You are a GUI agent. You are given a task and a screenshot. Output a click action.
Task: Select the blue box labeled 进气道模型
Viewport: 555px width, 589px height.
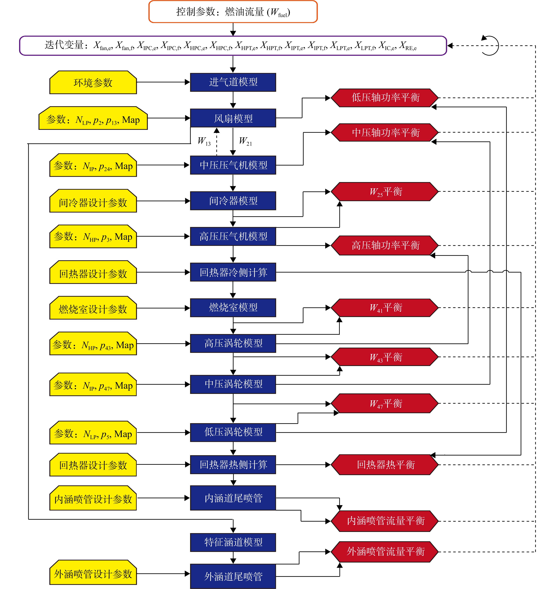point(233,82)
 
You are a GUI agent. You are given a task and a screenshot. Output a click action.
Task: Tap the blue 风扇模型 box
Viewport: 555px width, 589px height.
point(233,118)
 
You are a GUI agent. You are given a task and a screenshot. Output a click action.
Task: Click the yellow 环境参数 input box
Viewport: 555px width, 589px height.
point(93,82)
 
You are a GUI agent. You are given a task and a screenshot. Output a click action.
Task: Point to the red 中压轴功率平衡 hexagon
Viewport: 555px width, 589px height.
point(385,132)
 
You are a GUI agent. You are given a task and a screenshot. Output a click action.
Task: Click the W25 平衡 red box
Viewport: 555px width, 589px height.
point(385,192)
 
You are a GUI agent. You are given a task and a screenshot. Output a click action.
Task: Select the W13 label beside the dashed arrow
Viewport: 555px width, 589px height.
point(204,141)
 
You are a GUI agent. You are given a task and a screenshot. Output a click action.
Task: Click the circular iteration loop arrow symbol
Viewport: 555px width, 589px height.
point(490,46)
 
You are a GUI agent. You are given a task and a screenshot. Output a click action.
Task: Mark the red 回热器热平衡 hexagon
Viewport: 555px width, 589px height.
point(385,465)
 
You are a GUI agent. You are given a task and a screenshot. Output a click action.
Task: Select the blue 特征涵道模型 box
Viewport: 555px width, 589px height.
point(233,542)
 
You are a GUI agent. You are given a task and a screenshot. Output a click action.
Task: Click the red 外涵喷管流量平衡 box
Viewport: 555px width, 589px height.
point(385,552)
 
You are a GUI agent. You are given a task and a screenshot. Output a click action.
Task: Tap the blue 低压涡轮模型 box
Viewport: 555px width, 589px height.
point(233,432)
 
